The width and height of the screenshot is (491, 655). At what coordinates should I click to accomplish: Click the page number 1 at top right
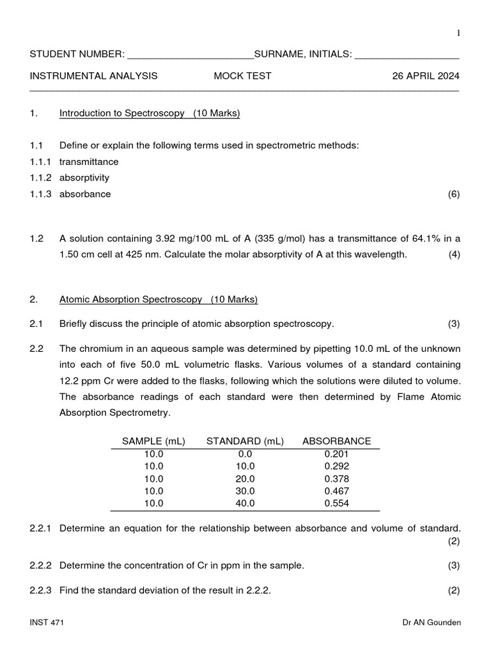pos(458,33)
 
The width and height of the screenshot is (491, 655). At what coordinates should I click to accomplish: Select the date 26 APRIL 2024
pos(425,76)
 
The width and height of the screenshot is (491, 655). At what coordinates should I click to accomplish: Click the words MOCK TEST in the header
pos(242,76)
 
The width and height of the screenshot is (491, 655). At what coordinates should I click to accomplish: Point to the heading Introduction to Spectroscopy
pos(150,114)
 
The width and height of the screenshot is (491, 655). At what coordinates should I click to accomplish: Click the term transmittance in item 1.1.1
pos(89,162)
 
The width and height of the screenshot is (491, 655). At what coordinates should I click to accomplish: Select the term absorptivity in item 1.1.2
pos(84,178)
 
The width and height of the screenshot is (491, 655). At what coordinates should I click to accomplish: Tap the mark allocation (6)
pos(453,194)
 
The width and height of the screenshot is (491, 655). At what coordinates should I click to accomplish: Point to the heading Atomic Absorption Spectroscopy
pos(159,299)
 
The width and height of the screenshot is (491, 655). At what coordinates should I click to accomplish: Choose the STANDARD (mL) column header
pos(245,441)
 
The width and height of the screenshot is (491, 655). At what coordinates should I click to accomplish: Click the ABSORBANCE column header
pos(336,441)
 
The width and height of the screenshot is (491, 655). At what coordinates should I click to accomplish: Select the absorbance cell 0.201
pos(336,454)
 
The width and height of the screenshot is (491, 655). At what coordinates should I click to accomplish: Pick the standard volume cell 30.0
pos(245,491)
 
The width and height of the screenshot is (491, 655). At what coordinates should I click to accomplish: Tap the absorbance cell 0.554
pos(336,503)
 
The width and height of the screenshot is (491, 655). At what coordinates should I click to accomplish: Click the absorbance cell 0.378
pos(336,479)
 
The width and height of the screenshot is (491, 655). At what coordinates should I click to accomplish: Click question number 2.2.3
pos(42,591)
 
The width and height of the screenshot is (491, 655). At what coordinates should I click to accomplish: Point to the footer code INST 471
pos(47,622)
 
